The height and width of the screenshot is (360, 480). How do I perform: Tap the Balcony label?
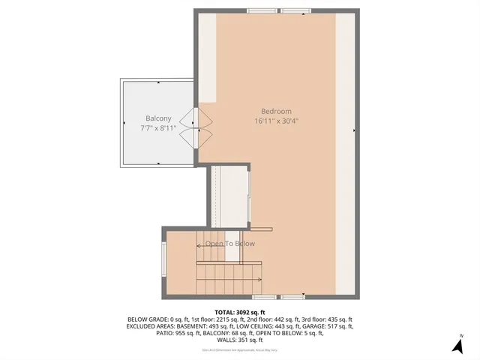tap(158, 118)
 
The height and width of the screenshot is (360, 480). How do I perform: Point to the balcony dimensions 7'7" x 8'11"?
tap(158, 128)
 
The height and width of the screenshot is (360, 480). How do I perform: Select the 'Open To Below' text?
tap(230, 244)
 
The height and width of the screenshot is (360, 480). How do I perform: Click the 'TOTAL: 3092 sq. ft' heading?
tap(240, 312)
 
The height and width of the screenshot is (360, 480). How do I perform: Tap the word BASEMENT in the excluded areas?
tap(186, 326)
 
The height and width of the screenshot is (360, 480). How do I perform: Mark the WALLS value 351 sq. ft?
tap(252, 340)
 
